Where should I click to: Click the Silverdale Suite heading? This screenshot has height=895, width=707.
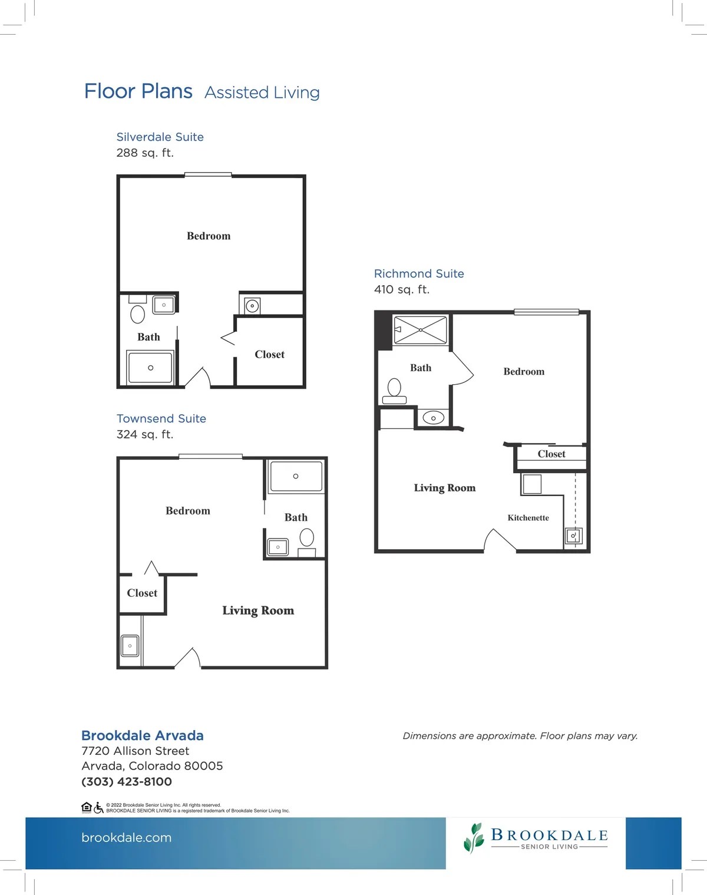160,137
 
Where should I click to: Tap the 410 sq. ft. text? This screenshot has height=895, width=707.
402,289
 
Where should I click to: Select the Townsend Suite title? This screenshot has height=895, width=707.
161,418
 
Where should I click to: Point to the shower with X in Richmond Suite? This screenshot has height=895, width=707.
421,330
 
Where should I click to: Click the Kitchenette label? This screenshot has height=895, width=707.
528,518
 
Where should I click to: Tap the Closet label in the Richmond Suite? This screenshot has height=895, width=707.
551,454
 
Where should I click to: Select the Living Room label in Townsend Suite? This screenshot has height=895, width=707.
258,610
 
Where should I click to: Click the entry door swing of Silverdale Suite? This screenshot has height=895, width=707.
197,377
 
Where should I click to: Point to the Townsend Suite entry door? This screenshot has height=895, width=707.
187,658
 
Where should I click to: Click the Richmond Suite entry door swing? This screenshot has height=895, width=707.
500,540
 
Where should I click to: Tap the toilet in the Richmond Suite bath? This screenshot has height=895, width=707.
394,391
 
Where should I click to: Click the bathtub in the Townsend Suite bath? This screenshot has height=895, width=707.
296,476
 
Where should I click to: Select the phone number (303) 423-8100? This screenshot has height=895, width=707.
127,781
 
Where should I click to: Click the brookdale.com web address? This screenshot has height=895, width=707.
127,837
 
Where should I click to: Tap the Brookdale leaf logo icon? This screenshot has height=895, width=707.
474,838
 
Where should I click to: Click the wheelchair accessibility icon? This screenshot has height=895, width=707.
98,808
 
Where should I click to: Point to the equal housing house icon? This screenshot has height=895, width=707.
87,807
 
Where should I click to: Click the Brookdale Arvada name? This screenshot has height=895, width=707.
142,735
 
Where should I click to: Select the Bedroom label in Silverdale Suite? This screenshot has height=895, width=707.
209,236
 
